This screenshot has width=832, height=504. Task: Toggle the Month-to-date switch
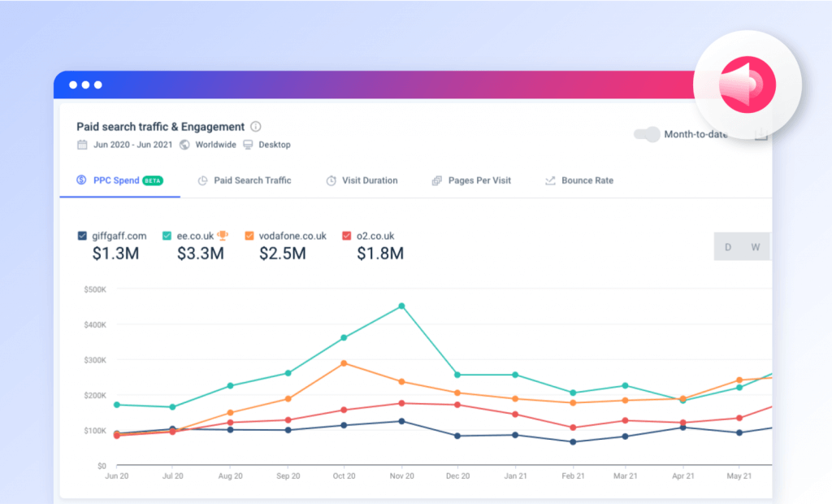click(x=647, y=135)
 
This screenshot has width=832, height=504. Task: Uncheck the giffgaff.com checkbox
click(x=82, y=236)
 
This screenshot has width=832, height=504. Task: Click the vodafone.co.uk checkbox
click(x=249, y=236)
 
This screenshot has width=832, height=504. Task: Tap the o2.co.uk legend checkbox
click(x=347, y=236)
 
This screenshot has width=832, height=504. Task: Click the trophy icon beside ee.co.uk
click(x=223, y=236)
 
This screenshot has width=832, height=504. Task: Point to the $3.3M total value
click(x=201, y=254)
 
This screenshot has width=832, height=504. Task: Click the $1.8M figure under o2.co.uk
click(x=380, y=254)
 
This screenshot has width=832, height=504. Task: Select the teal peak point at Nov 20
click(x=401, y=306)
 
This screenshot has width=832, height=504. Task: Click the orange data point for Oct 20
click(x=344, y=363)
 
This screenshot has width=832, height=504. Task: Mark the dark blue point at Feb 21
click(x=573, y=442)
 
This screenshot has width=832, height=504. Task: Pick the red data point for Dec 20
click(x=457, y=405)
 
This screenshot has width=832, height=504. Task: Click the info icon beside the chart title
click(x=256, y=127)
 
